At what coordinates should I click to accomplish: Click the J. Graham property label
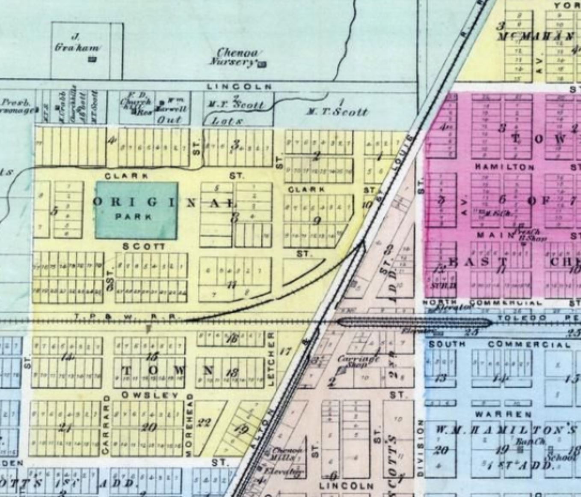[x=77, y=42]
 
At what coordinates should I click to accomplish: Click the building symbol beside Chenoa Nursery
[x=261, y=64]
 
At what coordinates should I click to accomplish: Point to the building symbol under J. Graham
[x=92, y=59]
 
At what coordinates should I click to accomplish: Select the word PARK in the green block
[x=133, y=216]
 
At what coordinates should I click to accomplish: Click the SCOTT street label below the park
[x=143, y=247]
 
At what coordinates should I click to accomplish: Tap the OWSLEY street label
[x=149, y=395]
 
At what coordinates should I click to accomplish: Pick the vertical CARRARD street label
[x=106, y=425]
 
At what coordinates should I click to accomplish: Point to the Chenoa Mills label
[x=287, y=454]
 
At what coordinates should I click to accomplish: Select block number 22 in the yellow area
[x=204, y=423]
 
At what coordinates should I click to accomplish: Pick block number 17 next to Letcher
[x=285, y=352]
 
